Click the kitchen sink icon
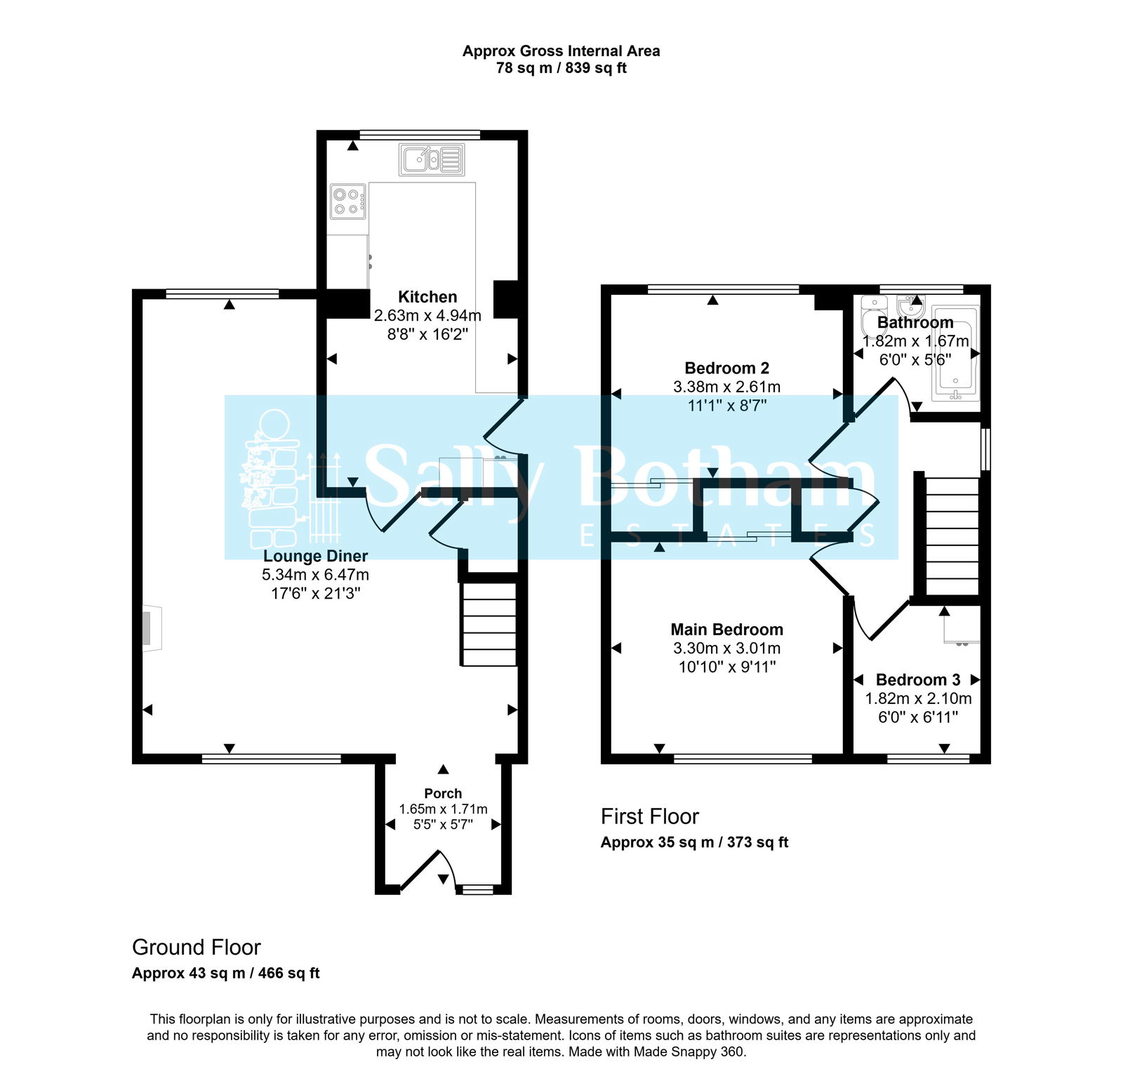coord(432,159)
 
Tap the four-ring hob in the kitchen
coord(348,201)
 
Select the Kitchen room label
coord(427,297)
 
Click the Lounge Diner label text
coord(315,556)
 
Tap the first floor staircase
coord(952,537)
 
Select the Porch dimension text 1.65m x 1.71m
coord(443,809)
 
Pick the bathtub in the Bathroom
coord(955,354)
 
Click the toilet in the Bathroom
coord(873,316)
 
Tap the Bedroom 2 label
coord(726,368)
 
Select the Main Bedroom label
coord(726,630)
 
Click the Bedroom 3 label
coord(917,679)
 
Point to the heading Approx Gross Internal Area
coord(561,51)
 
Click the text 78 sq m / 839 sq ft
coord(561,68)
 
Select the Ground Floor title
coord(197,948)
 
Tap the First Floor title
coord(649,816)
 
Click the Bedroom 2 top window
coord(723,289)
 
